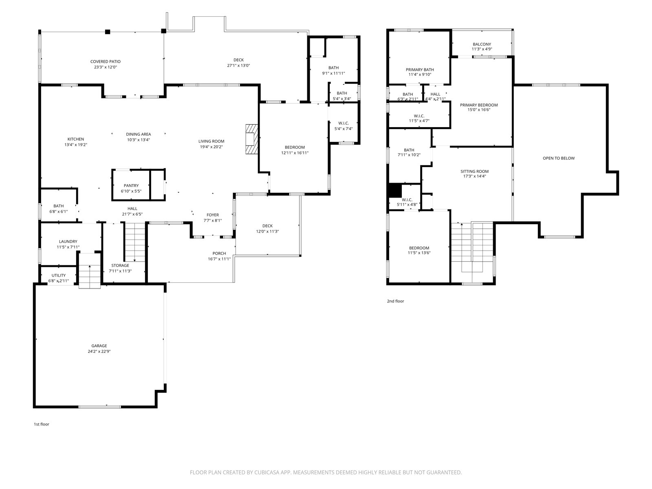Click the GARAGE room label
[x=99, y=346]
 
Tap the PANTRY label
[x=131, y=185]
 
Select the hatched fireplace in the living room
[x=251, y=139]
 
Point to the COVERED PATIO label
[x=106, y=62]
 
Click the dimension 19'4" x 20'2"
[x=211, y=147]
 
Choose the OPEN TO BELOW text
[x=558, y=158]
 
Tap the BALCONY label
[x=482, y=44]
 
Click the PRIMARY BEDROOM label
[x=479, y=105]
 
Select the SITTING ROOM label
[x=474, y=171]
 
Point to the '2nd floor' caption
[x=395, y=301]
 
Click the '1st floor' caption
[x=41, y=424]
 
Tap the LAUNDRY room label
[x=68, y=242]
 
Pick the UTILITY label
[x=59, y=275]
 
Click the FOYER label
[x=213, y=215]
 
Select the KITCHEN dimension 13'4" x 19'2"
[x=76, y=145]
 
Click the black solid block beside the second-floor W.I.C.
[x=395, y=190]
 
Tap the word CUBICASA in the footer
[x=267, y=472]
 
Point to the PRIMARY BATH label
[x=420, y=70]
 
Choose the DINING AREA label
[x=139, y=134]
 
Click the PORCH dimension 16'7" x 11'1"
[x=219, y=259]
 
